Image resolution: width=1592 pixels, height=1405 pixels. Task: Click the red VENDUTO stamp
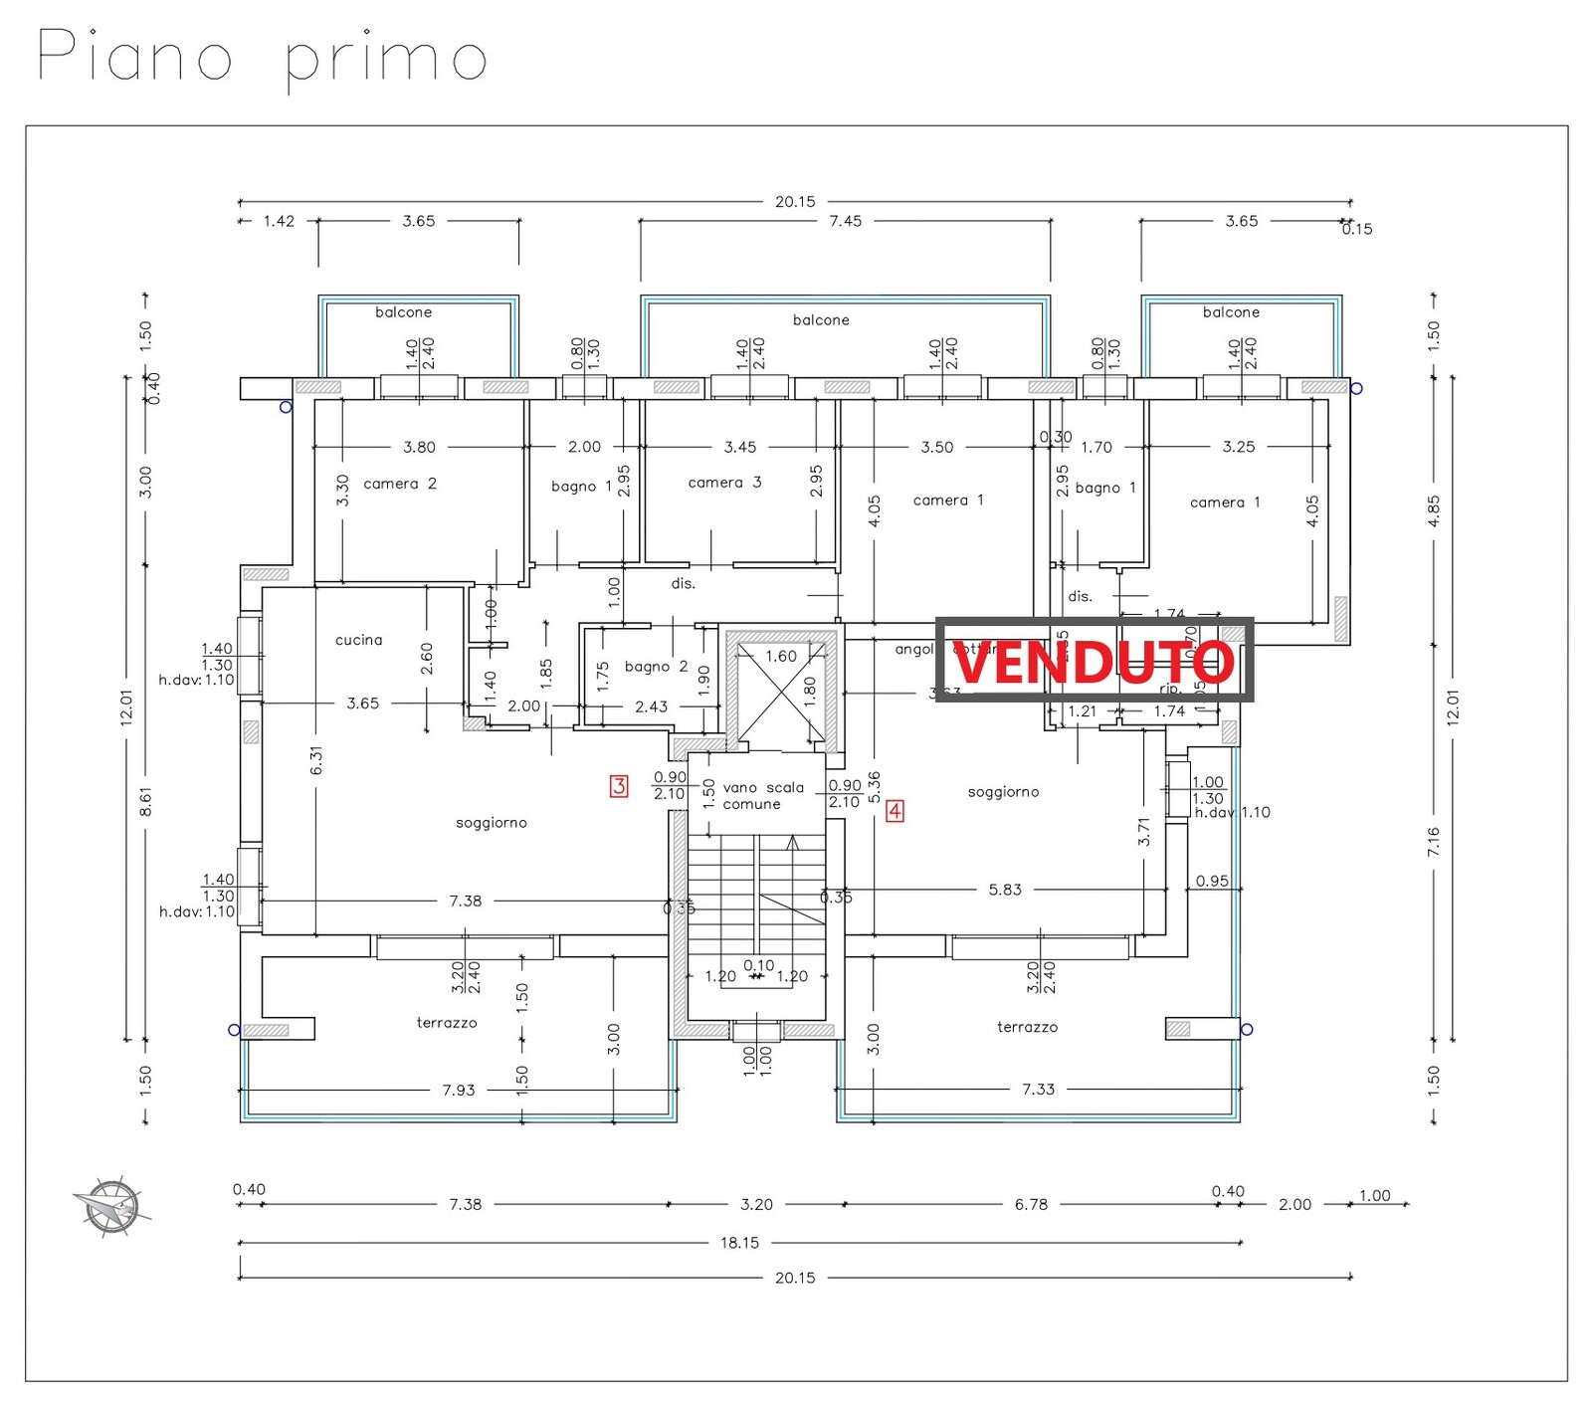point(1094,661)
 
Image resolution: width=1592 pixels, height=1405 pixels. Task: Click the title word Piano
point(134,56)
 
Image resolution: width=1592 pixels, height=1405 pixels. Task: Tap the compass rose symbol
point(110,1207)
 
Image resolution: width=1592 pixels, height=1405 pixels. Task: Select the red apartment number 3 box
point(619,786)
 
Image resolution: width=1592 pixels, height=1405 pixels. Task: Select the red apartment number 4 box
point(895,811)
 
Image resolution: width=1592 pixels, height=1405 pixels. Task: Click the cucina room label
point(358,640)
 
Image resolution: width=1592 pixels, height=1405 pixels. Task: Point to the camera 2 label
point(400,484)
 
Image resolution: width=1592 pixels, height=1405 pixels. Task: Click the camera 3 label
point(724,483)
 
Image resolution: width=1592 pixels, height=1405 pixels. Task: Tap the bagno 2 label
point(656,667)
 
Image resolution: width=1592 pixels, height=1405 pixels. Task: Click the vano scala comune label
point(762,795)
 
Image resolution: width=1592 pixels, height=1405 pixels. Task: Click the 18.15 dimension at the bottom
point(739,1242)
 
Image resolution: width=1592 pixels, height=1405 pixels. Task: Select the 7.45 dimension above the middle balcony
point(845,221)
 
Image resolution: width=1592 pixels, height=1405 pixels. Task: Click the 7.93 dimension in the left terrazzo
point(459,1090)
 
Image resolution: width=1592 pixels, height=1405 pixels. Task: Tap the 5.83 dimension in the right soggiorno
point(1005,890)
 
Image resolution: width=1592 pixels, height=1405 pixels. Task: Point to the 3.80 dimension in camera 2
point(419,447)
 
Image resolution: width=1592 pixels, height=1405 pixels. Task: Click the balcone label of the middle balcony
point(821,319)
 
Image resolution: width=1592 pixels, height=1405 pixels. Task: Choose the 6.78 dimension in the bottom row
point(1031,1204)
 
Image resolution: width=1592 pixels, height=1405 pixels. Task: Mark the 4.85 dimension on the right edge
point(1433,511)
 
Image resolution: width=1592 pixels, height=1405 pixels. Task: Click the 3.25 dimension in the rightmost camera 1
point(1239,447)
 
